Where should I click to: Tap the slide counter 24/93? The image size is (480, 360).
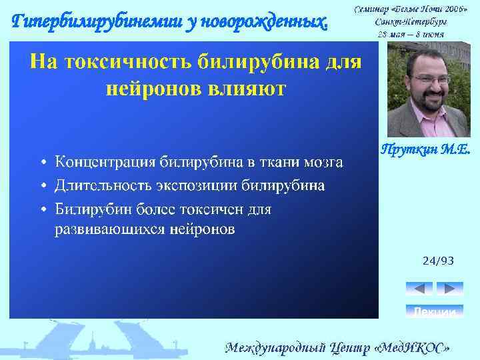tap(438, 261)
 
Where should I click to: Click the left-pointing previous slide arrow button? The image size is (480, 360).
tap(419, 288)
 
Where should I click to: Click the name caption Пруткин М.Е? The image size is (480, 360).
tap(425, 150)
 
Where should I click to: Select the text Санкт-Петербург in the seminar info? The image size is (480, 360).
tap(411, 22)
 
